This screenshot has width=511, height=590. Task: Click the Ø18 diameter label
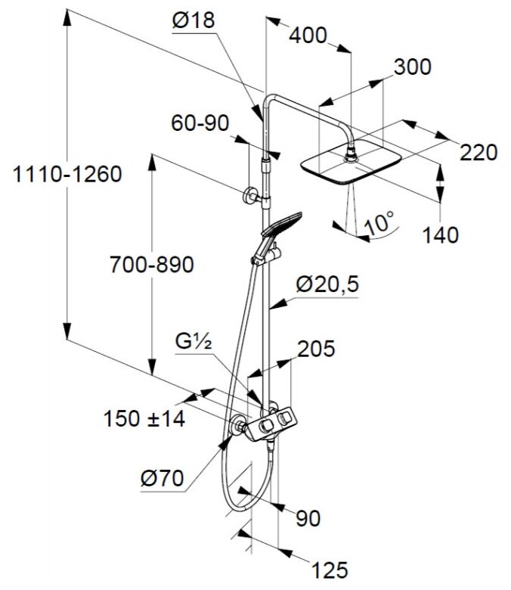194,22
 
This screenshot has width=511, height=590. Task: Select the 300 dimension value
412,67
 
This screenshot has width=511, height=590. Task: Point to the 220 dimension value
479,153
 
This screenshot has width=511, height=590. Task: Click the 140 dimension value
440,234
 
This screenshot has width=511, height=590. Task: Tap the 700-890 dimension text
152,265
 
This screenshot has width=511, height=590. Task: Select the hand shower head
279,223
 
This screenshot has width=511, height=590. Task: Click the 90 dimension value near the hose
308,518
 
